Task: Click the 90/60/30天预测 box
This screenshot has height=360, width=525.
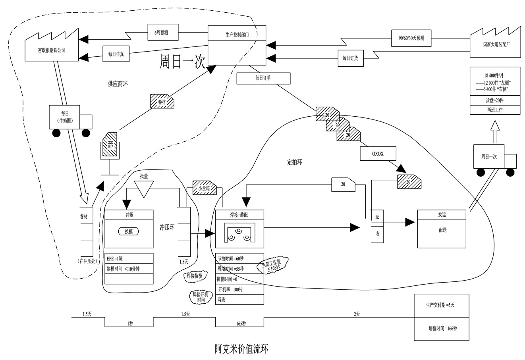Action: click(x=411, y=38)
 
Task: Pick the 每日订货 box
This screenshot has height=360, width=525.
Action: click(x=350, y=58)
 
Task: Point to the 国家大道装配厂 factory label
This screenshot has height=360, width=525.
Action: click(x=495, y=44)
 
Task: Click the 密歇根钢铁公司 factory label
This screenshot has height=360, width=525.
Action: click(x=51, y=50)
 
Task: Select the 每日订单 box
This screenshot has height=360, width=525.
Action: click(x=263, y=78)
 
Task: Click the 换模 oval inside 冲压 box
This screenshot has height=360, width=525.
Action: click(x=129, y=231)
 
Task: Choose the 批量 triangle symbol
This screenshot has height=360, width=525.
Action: click(x=143, y=189)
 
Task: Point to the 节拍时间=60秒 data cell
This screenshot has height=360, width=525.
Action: click(x=239, y=258)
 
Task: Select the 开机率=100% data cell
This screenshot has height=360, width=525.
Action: click(x=239, y=289)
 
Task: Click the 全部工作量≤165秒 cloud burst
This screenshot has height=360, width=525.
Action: click(x=274, y=265)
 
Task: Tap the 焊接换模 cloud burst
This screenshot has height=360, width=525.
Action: click(x=195, y=276)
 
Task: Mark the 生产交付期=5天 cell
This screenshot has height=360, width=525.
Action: click(x=442, y=305)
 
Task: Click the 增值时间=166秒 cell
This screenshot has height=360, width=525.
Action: click(x=442, y=329)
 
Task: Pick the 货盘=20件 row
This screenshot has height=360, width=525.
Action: click(x=494, y=100)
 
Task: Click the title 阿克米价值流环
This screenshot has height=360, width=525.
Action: click(x=241, y=349)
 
